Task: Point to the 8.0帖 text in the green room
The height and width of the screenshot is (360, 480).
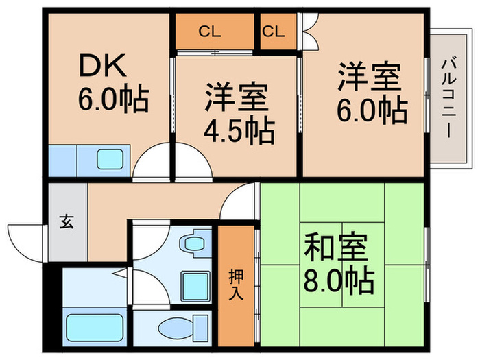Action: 339,280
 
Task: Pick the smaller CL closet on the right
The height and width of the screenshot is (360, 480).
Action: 273,31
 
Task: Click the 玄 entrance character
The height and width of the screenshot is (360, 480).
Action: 67,221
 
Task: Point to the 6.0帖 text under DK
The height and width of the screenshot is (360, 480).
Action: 112,101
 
